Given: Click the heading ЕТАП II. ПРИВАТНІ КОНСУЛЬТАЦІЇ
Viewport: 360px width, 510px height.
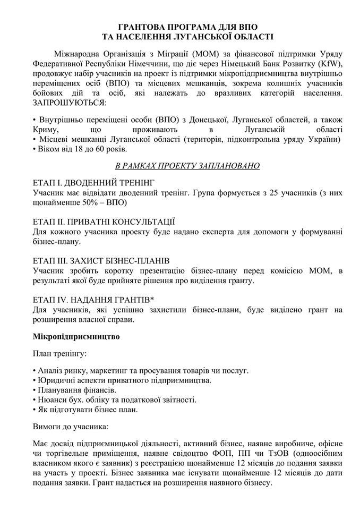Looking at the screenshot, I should point(104,222).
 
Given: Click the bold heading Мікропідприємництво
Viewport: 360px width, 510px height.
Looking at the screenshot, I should point(76,337).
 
